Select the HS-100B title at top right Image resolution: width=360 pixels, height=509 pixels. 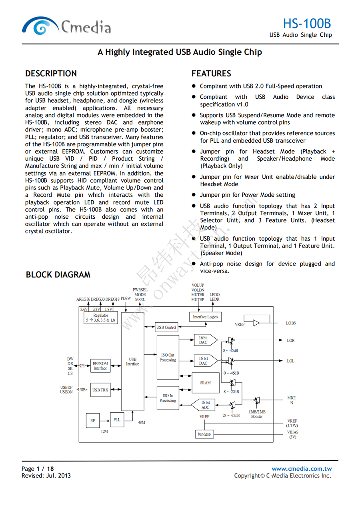click(x=307, y=23)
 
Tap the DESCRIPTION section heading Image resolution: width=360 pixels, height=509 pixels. click(x=51, y=74)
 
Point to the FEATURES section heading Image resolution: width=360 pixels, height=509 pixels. click(x=211, y=74)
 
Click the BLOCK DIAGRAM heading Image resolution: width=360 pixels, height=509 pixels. click(x=58, y=275)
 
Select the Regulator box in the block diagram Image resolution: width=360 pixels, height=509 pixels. click(x=100, y=318)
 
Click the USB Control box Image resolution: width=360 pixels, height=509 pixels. click(x=166, y=327)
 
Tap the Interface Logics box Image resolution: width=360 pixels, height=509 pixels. click(x=205, y=317)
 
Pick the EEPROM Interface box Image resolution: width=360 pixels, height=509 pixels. click(x=100, y=366)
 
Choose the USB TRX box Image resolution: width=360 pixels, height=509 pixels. click(x=100, y=390)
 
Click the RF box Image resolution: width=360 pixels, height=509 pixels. click(x=92, y=420)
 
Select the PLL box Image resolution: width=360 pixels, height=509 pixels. click(x=117, y=420)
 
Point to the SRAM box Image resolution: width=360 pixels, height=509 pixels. click(x=205, y=383)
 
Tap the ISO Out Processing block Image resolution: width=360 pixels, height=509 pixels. click(x=168, y=357)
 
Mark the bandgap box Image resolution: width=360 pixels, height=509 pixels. click(x=204, y=434)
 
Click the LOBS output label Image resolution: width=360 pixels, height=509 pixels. click(x=291, y=323)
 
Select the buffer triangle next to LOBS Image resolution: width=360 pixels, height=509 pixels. click(x=256, y=323)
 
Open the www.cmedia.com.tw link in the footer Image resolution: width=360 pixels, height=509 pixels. click(x=302, y=469)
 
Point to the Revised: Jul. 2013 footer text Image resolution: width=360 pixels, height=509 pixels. click(x=46, y=475)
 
